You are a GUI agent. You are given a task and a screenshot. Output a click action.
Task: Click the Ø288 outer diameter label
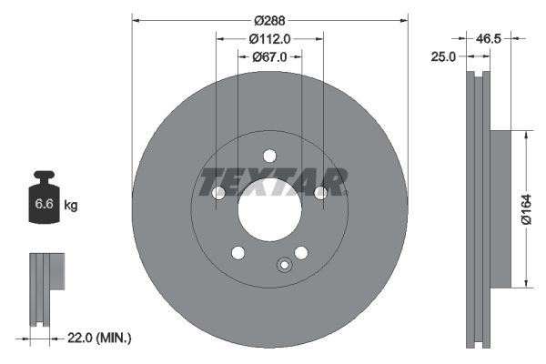269,20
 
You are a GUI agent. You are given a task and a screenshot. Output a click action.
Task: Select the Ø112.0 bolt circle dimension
269,38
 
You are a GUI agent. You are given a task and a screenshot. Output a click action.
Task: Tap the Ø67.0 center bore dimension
269,56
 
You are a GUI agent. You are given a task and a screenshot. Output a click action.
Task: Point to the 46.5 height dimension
490,39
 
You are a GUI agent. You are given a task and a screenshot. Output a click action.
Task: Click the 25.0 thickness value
443,56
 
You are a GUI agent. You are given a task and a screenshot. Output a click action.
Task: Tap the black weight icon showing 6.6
44,200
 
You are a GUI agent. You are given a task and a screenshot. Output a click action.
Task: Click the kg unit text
71,206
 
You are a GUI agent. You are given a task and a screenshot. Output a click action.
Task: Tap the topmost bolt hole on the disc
269,156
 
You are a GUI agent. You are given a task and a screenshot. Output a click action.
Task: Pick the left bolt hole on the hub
218,193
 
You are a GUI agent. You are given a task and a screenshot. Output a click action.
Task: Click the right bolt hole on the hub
320,193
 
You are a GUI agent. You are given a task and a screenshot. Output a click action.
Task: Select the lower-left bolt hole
238,252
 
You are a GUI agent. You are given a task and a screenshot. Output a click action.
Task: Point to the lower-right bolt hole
301,252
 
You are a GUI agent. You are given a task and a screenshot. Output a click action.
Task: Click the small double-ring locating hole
283,266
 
